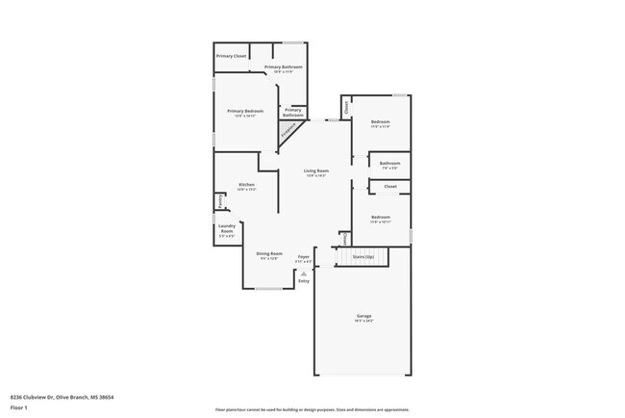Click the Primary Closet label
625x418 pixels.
pos(232,57)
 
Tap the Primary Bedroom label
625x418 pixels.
pos(245,112)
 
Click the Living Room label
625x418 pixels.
pos(316,171)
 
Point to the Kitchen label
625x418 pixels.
pos(246,185)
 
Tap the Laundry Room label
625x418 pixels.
pos(227,232)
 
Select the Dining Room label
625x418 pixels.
pos(269,254)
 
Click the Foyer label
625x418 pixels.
pos(304,257)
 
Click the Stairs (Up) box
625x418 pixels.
pos(362,257)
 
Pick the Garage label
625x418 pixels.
pos(365,317)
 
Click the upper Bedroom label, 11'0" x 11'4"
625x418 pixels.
pos(381,122)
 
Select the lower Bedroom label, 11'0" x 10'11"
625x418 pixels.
pos(381,219)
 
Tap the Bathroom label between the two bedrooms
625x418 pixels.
pos(389,164)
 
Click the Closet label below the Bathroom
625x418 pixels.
pos(389,186)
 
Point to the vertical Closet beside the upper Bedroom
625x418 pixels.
pos(346,107)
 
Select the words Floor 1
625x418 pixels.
pos(19,407)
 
